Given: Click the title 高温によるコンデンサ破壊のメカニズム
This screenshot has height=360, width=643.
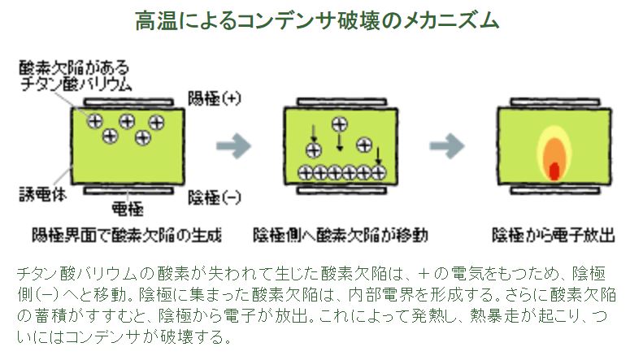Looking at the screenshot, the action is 317,20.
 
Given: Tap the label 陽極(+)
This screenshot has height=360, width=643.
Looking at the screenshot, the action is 214,98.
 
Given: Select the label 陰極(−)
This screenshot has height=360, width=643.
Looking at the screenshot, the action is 214,197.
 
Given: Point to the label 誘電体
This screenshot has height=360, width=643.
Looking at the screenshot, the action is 42,194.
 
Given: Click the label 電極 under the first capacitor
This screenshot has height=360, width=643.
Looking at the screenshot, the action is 128,209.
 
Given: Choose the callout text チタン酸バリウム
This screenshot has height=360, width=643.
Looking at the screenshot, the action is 76,84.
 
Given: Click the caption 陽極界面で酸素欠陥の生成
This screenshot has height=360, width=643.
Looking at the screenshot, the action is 127,236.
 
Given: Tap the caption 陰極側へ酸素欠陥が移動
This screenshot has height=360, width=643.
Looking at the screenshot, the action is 341,236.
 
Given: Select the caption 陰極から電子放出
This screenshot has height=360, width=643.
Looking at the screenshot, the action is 554,236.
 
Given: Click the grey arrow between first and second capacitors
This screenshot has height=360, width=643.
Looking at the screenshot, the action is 233,145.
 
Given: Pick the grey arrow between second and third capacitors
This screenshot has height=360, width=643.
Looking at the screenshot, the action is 446,145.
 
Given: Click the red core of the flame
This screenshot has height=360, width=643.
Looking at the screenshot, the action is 554,171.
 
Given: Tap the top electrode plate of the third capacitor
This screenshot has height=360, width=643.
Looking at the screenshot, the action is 555,102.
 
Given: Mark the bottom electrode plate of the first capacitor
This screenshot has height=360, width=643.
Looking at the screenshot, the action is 128,191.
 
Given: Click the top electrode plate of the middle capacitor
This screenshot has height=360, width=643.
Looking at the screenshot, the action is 341,102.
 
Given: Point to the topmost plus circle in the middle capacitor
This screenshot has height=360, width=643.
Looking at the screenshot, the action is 340,124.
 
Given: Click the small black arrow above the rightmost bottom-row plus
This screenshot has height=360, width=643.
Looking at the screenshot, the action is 378,156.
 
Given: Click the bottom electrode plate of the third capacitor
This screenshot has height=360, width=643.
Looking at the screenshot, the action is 555,191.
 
